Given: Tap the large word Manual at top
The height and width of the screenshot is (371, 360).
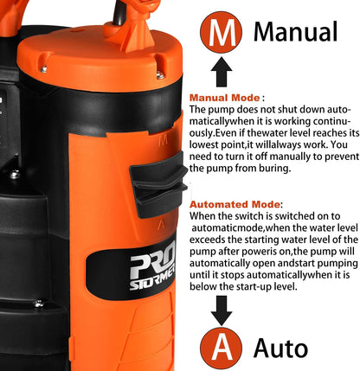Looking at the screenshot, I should click(x=294, y=32).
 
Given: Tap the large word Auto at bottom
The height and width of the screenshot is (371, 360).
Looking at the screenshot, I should click(x=280, y=348).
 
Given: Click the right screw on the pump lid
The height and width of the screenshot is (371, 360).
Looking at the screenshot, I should click(x=159, y=75).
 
